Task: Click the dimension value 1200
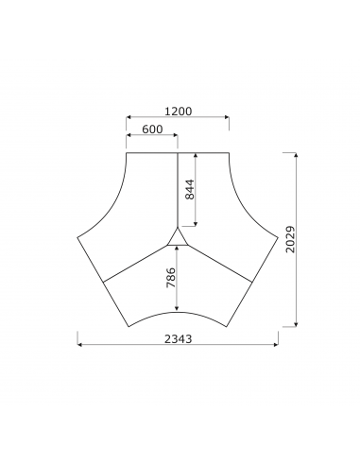click(x=178, y=111)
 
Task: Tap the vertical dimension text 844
click(x=189, y=189)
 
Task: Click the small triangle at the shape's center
click(x=178, y=236)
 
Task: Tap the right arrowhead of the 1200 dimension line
click(x=227, y=118)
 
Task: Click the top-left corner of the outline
click(x=127, y=152)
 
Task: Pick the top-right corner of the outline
click(x=229, y=152)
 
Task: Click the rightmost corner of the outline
click(x=278, y=238)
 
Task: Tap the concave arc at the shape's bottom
click(x=178, y=312)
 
